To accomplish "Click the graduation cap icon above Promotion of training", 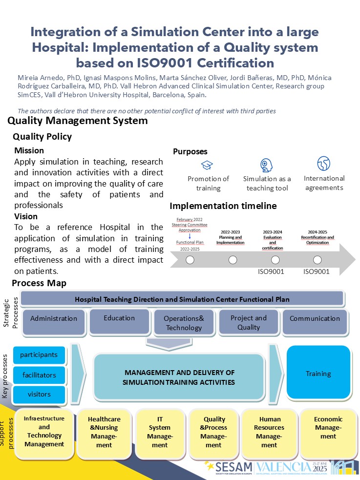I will (208, 165).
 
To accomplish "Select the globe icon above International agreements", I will (323, 163).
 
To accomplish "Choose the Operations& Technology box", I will (184, 323).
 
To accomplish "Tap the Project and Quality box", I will (249, 322).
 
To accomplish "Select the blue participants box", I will (39, 355).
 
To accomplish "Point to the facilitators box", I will (39, 376).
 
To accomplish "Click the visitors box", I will (39, 394).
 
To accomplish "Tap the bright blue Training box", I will (318, 374).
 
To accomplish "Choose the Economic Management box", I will (328, 428).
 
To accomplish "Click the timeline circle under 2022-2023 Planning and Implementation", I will (233, 260).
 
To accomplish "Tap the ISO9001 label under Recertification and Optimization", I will (317, 272).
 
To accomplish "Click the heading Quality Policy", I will (42, 137).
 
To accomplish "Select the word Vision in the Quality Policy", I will (26, 216).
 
